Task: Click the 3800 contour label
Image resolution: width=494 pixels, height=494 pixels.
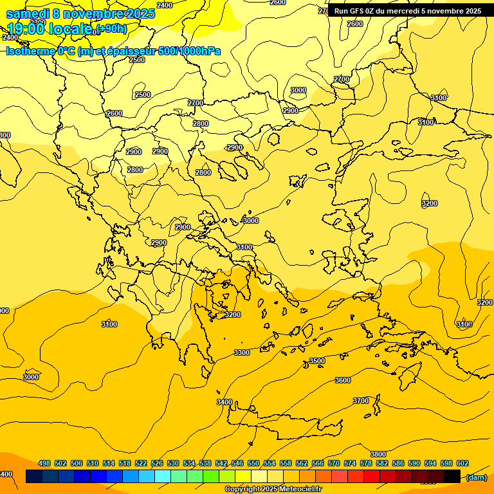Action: [x=378, y=454]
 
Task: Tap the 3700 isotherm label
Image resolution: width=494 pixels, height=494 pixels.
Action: [x=361, y=401]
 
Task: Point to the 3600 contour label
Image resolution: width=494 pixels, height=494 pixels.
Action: [x=343, y=380]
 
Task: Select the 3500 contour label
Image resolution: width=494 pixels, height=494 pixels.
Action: [x=317, y=361]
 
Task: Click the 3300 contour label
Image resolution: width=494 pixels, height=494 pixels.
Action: [x=242, y=352]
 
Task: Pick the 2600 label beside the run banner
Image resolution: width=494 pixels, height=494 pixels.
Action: [x=355, y=24]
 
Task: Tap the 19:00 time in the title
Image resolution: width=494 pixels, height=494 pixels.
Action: [x=25, y=29]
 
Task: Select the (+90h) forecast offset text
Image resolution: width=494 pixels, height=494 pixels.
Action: [x=112, y=29]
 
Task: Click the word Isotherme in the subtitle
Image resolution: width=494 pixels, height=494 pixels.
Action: [x=30, y=51]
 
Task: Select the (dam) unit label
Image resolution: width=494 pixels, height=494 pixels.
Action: [x=476, y=477]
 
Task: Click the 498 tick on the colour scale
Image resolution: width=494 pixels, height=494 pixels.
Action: [x=44, y=463]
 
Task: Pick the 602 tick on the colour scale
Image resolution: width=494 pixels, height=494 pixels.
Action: [x=462, y=463]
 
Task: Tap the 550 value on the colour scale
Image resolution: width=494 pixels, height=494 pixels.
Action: [x=253, y=463]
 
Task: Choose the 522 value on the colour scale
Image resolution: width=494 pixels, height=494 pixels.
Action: [x=141, y=463]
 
